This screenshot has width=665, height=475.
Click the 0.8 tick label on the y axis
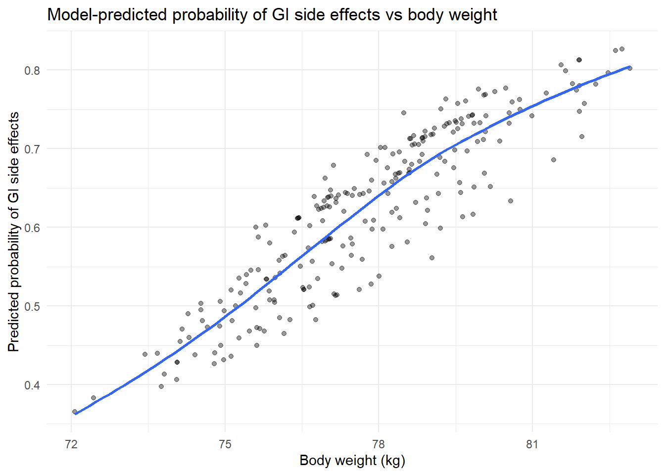(32, 70)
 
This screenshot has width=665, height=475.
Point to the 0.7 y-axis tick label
(32, 149)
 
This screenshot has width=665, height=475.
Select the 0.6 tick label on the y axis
(32, 228)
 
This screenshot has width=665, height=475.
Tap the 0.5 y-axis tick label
(32, 306)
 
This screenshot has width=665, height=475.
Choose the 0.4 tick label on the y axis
(32, 385)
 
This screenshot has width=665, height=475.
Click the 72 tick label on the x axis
(71, 444)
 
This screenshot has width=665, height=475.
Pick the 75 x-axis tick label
(225, 444)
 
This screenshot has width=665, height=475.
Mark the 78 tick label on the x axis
(379, 444)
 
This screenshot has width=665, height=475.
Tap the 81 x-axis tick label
(532, 444)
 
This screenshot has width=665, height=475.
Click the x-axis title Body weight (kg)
(352, 460)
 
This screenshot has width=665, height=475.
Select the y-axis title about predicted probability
(14, 232)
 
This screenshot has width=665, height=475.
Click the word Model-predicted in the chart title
(107, 15)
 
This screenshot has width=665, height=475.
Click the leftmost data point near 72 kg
(75, 412)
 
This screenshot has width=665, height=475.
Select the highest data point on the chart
(622, 49)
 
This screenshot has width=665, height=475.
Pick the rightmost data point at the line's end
(629, 68)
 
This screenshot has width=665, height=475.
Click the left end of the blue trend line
(76, 414)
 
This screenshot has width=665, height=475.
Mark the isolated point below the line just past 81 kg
(554, 160)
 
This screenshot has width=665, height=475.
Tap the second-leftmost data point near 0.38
(94, 398)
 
